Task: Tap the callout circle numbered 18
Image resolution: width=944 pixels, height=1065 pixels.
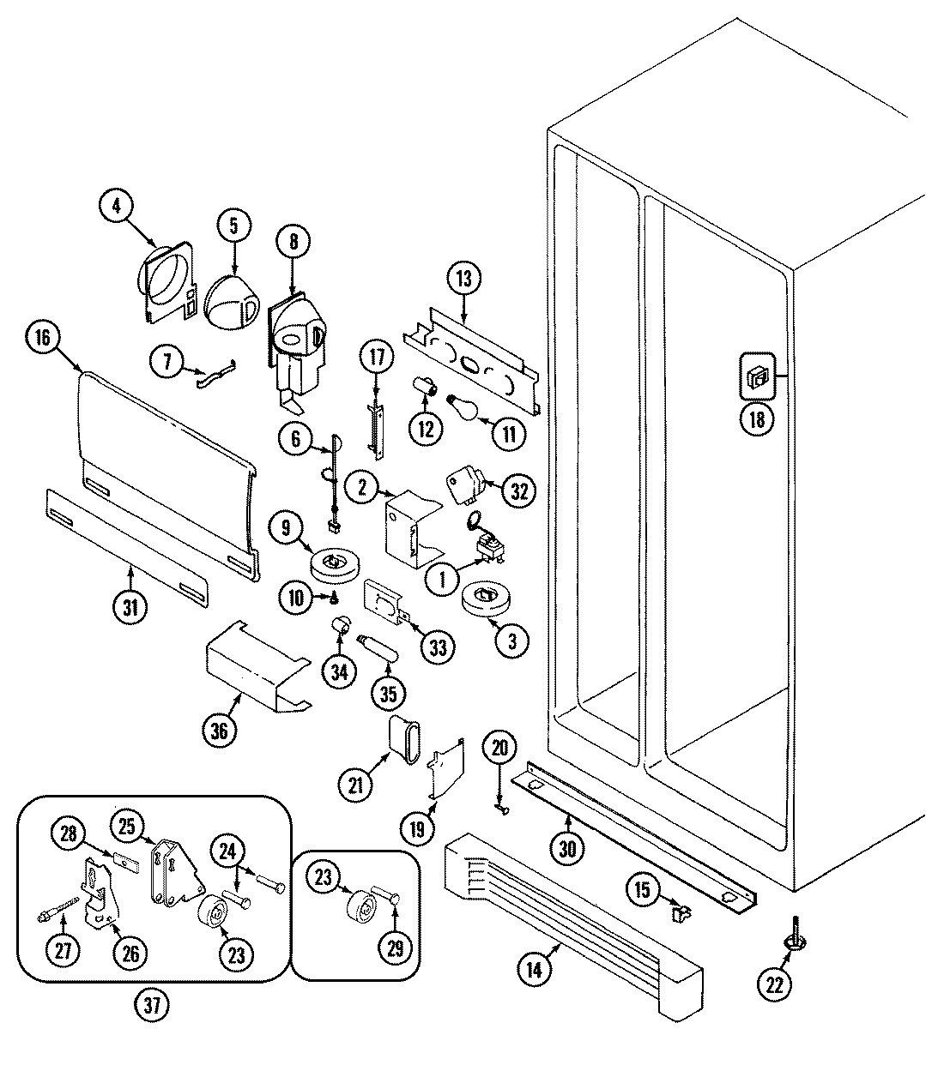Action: (756, 420)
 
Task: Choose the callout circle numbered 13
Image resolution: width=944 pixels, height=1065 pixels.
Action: (464, 278)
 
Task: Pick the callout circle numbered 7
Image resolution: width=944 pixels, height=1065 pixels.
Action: (168, 361)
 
